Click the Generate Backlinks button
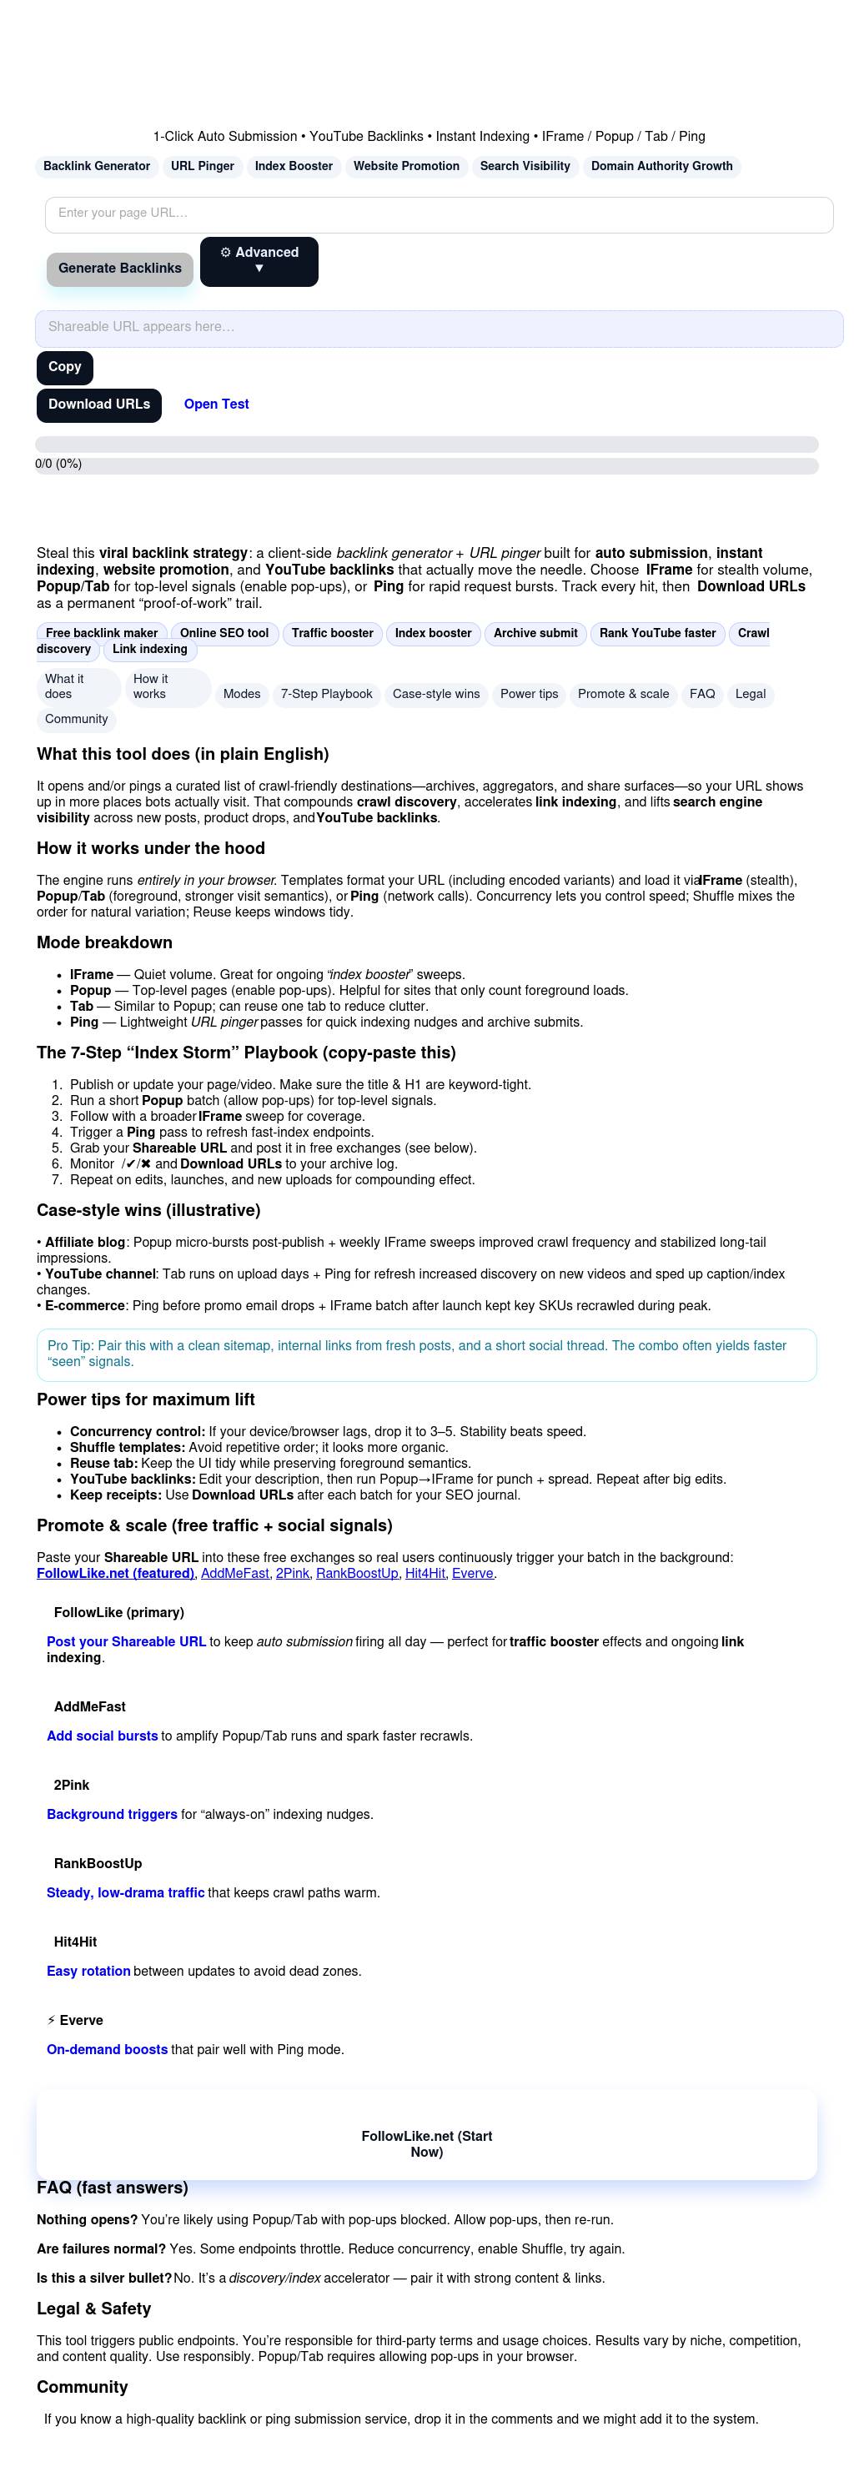[x=120, y=268]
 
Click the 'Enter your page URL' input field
[x=438, y=214]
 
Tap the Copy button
[x=65, y=367]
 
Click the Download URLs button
[x=98, y=404]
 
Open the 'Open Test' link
[x=216, y=404]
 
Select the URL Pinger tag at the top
[x=202, y=167]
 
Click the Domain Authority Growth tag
[x=661, y=167]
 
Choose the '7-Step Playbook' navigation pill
[x=326, y=694]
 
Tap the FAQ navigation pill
[x=702, y=694]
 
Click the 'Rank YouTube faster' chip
[x=658, y=633]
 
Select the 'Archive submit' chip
[x=535, y=633]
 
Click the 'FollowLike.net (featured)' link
[x=115, y=1573]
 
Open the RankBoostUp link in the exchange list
[x=357, y=1573]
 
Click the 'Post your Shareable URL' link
[x=126, y=1641]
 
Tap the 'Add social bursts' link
[x=102, y=1736]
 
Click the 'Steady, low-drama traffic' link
[x=125, y=1892]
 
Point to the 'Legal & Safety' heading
[x=93, y=2309]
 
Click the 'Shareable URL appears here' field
[x=438, y=328]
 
